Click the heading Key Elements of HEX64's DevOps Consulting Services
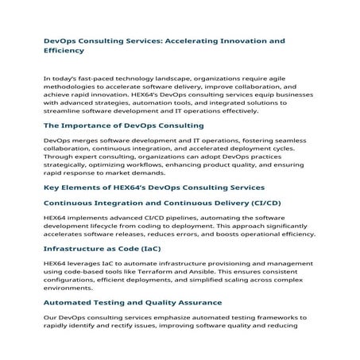click(153, 188)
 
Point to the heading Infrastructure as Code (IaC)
click(108, 249)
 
